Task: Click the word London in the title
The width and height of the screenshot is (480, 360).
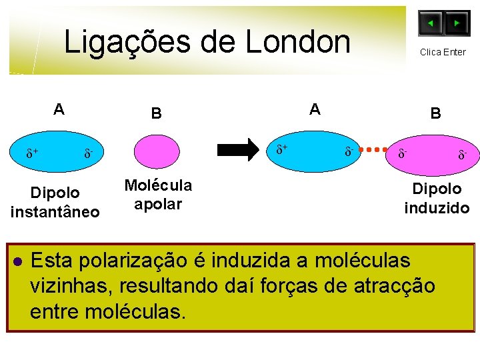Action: pyautogui.click(x=297, y=42)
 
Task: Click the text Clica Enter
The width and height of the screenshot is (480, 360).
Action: pyautogui.click(x=443, y=52)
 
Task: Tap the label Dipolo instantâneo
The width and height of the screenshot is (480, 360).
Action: pyautogui.click(x=55, y=202)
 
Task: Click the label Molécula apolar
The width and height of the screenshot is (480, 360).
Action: pyautogui.click(x=158, y=194)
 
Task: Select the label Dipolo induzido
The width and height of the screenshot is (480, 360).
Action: pyautogui.click(x=437, y=198)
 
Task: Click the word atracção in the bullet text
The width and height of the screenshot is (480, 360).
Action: pyautogui.click(x=388, y=286)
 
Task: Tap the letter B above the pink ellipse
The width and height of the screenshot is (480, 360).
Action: pyautogui.click(x=155, y=113)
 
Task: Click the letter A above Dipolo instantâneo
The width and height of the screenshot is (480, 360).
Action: pyautogui.click(x=59, y=109)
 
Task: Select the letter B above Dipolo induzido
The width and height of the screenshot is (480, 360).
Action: pyautogui.click(x=435, y=113)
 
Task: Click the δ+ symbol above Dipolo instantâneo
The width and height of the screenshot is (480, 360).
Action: pyautogui.click(x=31, y=155)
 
